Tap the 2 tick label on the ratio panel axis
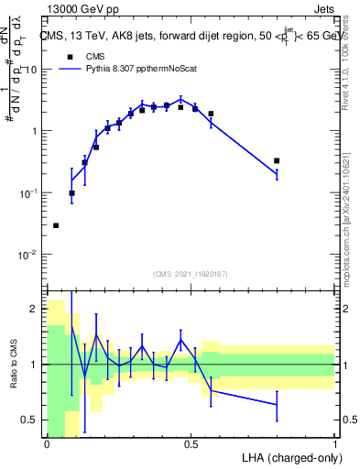click(x=35, y=309)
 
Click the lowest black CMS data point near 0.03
click(x=56, y=225)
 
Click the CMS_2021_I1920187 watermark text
click(x=190, y=274)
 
